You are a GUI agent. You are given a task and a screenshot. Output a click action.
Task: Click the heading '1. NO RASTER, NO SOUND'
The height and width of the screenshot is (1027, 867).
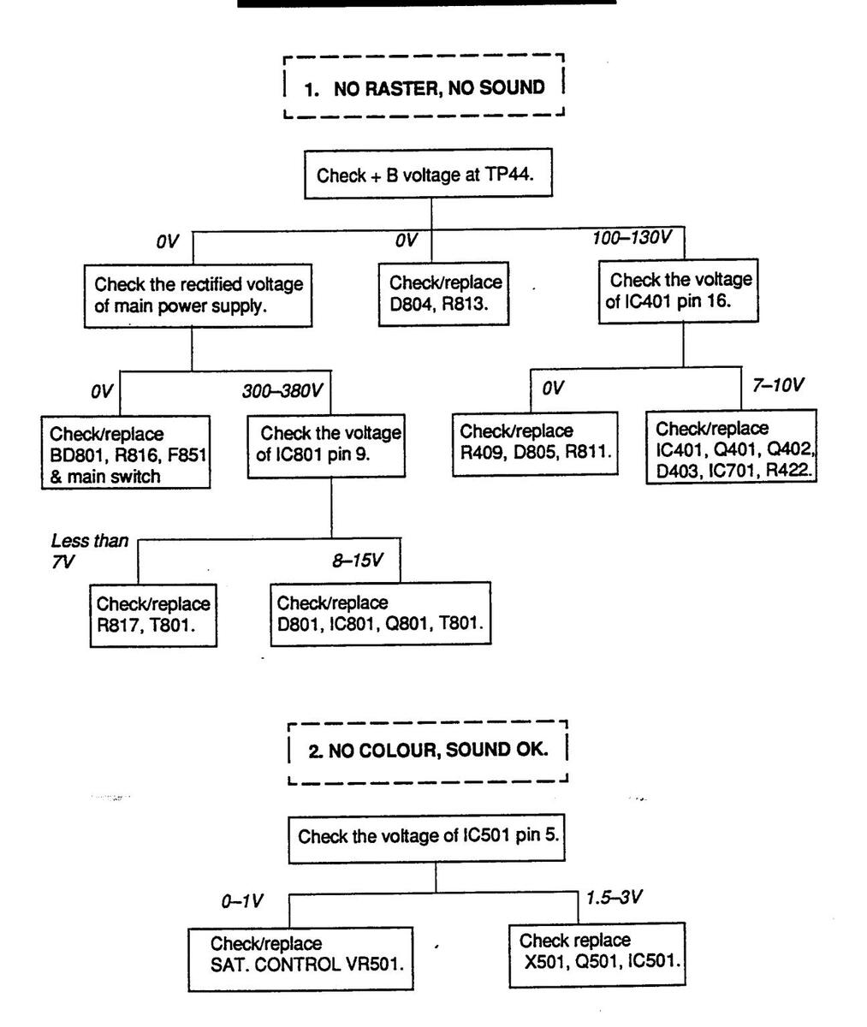[425, 87]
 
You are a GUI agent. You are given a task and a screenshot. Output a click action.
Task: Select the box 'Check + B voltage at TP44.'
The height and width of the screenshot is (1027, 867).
[431, 176]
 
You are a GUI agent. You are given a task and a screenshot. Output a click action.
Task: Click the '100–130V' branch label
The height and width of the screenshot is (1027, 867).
[631, 237]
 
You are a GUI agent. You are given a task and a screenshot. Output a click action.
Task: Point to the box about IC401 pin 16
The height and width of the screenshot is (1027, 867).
[681, 291]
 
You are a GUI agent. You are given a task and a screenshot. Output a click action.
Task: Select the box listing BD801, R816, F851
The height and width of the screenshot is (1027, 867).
[127, 453]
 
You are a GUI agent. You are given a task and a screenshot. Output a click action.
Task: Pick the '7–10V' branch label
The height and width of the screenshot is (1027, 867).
[778, 384]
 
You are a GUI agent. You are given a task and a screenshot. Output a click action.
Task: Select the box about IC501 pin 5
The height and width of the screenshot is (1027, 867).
[428, 835]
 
